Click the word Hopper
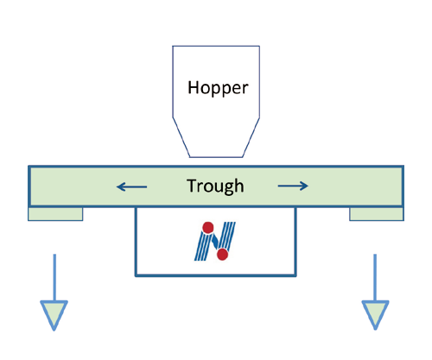[218, 88]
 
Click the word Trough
[215, 186]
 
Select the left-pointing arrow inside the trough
[131, 186]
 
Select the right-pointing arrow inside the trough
[293, 186]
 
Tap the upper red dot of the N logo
[208, 227]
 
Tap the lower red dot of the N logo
[222, 255]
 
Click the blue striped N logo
[215, 241]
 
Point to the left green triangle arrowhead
[54, 313]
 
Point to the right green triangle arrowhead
[375, 313]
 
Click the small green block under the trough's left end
[55, 214]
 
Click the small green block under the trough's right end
[377, 214]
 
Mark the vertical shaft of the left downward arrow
[54, 277]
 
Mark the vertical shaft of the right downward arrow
[375, 277]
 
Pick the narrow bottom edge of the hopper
[216, 157]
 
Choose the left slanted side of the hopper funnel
[181, 137]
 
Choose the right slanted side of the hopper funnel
[251, 137]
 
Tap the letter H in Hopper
[194, 87]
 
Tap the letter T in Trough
[193, 186]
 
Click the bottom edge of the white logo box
[216, 275]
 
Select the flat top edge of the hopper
[216, 46]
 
